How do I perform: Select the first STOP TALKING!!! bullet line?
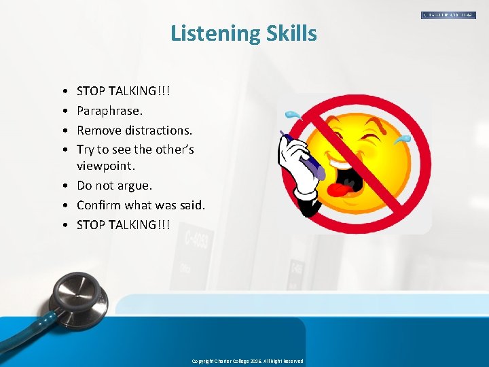point(124,90)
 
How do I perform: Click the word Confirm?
point(98,205)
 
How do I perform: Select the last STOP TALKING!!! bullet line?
point(124,224)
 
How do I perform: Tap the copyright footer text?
point(247,361)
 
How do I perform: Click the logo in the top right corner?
point(448,15)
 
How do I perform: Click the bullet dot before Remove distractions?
point(63,130)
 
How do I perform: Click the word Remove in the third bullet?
point(98,130)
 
